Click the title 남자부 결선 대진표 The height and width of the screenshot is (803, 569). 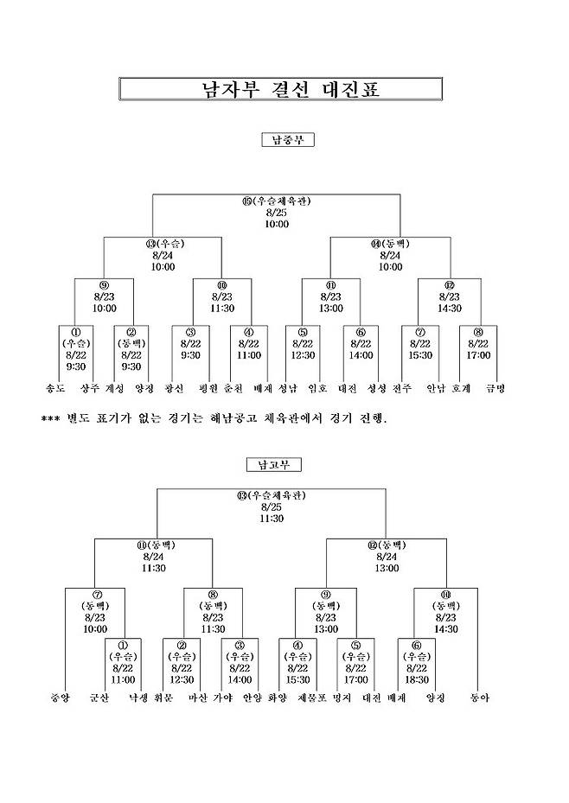[x=280, y=90]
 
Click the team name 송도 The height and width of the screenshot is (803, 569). [x=55, y=389]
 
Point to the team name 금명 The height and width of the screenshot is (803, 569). [x=495, y=389]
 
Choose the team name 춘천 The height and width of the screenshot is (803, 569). [x=233, y=389]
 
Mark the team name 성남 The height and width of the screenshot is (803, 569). [x=288, y=389]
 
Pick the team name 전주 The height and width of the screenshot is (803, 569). [x=402, y=389]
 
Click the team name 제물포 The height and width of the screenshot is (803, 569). [x=310, y=698]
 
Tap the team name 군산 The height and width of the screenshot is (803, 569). [x=101, y=698]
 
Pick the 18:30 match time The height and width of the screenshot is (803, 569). [x=416, y=679]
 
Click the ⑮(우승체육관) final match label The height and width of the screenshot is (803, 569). [x=276, y=201]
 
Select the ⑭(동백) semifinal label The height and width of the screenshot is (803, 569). [x=390, y=245]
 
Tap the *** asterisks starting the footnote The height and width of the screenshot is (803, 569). [x=51, y=420]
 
